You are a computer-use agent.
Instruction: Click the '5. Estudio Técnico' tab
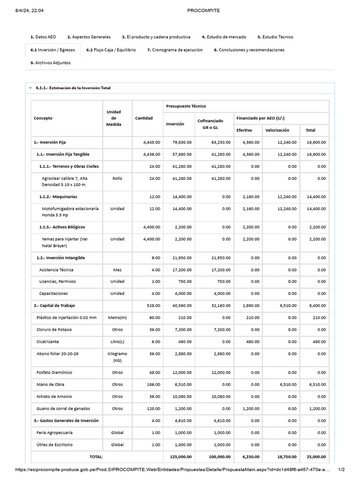(275, 37)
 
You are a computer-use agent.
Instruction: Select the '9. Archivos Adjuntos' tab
(51, 62)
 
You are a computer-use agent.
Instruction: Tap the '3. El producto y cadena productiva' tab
(156, 37)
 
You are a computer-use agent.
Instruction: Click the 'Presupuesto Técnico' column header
(186, 106)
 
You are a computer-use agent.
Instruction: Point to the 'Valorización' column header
(277, 130)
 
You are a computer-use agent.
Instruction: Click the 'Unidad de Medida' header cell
(113, 118)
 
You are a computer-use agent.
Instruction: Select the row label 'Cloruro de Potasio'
(55, 330)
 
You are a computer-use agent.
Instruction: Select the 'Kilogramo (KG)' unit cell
(117, 357)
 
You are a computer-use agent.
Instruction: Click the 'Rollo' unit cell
(117, 178)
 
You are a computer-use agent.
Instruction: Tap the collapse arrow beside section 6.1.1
(30, 88)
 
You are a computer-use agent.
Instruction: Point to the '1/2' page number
(341, 469)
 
